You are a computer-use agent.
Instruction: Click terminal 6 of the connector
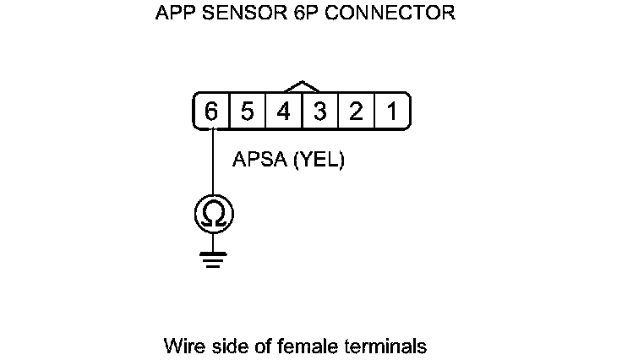(x=211, y=112)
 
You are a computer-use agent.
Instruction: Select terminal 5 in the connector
(x=248, y=112)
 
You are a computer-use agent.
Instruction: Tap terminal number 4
(x=284, y=112)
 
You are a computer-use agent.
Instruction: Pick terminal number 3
(x=320, y=112)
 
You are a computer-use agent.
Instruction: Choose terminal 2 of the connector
(x=357, y=112)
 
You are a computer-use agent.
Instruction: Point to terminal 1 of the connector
(x=392, y=112)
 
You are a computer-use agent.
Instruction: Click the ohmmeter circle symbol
(x=214, y=215)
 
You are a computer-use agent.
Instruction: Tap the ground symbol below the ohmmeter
(x=214, y=258)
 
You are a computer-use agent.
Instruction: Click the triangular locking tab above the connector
(x=302, y=87)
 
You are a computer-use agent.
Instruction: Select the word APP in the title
(x=175, y=14)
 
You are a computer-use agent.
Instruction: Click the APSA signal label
(x=259, y=161)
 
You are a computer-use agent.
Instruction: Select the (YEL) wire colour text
(x=319, y=161)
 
